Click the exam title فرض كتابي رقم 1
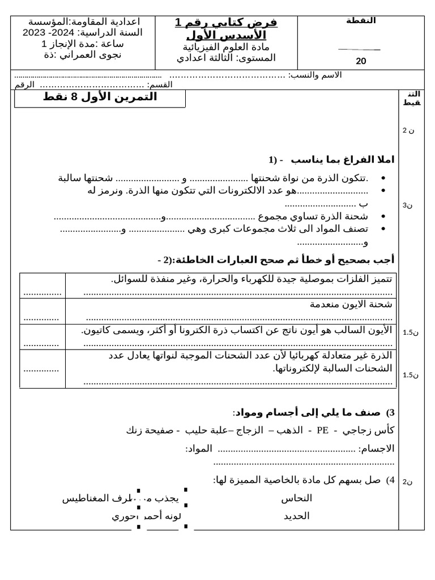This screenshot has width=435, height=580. pos(226,23)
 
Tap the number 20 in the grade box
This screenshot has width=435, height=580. pos(361,62)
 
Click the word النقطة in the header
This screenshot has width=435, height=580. pos(361,20)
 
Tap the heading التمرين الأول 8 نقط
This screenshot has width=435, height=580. pos(100,97)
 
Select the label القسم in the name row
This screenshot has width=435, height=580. pos(159,84)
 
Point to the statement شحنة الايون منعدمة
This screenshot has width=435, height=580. pos(351,304)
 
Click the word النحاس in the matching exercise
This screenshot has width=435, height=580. pos(296,498)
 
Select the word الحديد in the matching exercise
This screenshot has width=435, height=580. pos(296,516)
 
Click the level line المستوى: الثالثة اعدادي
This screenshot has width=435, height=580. pos(226,58)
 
